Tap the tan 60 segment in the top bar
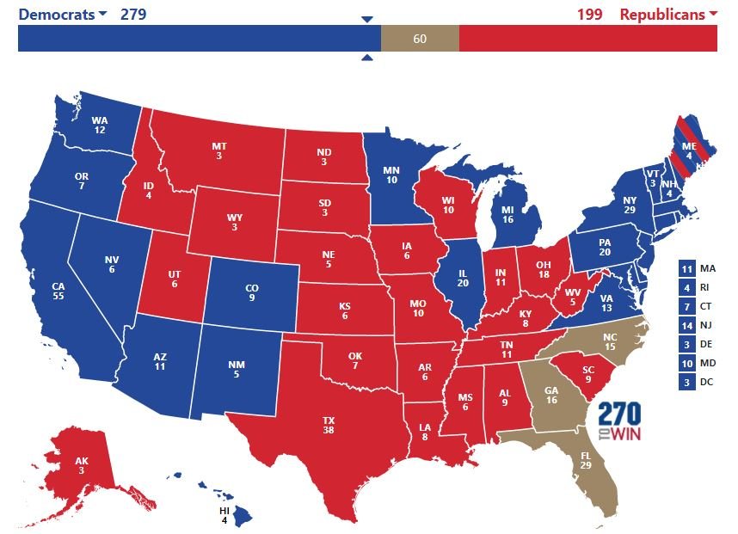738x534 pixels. pos(420,38)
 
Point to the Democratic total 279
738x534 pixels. pos(133,14)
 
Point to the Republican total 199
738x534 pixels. pos(590,14)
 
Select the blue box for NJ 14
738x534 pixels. pos(686,325)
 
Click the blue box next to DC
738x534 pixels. pos(686,382)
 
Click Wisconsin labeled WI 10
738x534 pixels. pos(447,206)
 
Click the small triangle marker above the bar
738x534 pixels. pos(367,19)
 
